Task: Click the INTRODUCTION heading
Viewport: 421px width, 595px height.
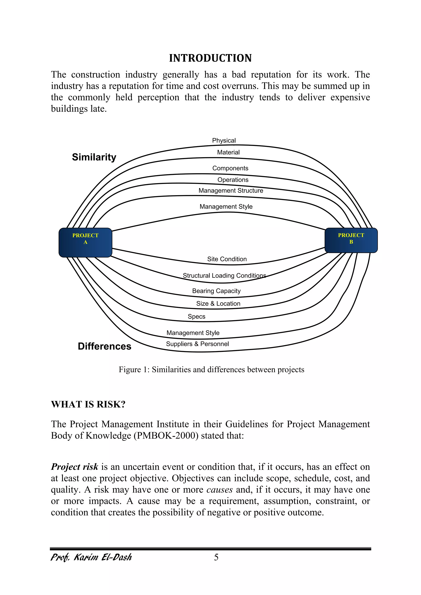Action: pyautogui.click(x=210, y=58)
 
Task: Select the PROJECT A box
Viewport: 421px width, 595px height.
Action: pyautogui.click(x=85, y=242)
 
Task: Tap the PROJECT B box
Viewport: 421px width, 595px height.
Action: pyautogui.click(x=351, y=240)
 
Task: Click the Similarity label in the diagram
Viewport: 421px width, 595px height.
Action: pyautogui.click(x=94, y=157)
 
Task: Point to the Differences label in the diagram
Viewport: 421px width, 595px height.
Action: pyautogui.click(x=104, y=346)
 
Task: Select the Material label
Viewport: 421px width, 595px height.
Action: pyautogui.click(x=228, y=152)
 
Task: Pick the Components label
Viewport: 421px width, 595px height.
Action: pyautogui.click(x=230, y=168)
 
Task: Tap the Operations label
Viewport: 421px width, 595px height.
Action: pyautogui.click(x=233, y=180)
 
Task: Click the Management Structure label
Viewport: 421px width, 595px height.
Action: pyautogui.click(x=231, y=191)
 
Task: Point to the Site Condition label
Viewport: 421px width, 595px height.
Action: pyautogui.click(x=227, y=259)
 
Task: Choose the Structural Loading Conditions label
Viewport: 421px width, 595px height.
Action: pyautogui.click(x=224, y=275)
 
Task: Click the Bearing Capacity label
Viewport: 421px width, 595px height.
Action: pyautogui.click(x=216, y=291)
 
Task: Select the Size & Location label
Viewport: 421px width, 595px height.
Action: pyautogui.click(x=218, y=304)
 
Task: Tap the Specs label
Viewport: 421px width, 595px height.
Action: pyautogui.click(x=197, y=317)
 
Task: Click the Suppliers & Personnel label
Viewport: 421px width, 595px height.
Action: pyautogui.click(x=197, y=344)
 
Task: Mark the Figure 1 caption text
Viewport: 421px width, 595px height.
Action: pyautogui.click(x=211, y=370)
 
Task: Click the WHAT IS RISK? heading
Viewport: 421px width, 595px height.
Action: pyautogui.click(x=88, y=404)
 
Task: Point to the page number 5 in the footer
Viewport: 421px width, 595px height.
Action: pyautogui.click(x=216, y=557)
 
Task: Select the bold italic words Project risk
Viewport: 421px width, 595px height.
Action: pyautogui.click(x=75, y=467)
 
